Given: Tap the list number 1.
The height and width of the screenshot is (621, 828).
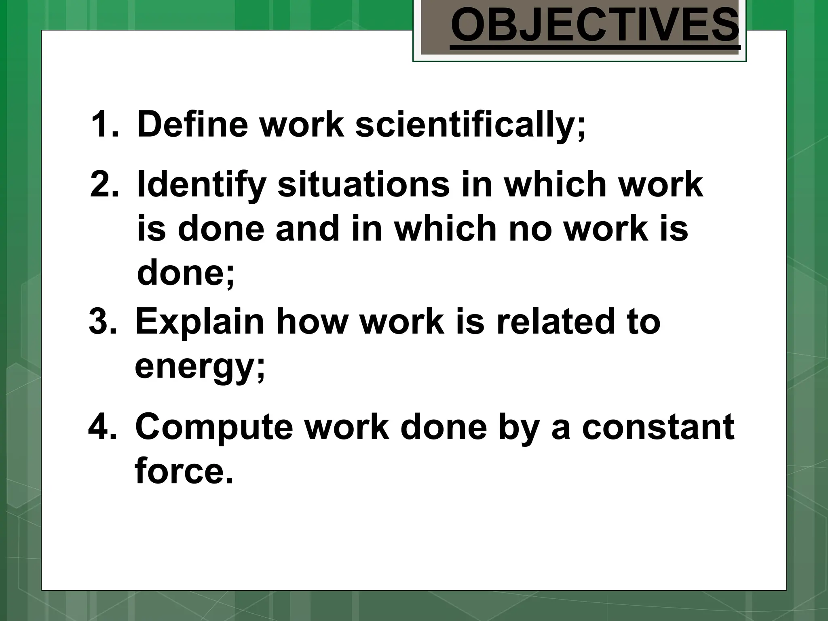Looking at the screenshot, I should [x=104, y=124].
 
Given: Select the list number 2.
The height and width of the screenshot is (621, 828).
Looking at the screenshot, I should [x=104, y=184].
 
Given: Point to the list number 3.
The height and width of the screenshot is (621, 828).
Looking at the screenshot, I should [x=103, y=322].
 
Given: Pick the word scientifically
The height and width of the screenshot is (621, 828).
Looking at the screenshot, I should [x=469, y=125].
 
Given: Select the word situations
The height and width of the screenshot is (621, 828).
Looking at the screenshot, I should [x=363, y=184].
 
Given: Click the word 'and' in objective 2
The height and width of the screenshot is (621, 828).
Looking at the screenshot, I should [x=307, y=228].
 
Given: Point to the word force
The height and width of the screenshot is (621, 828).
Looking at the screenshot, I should [x=184, y=471].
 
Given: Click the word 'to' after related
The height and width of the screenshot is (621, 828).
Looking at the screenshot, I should [x=641, y=322].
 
